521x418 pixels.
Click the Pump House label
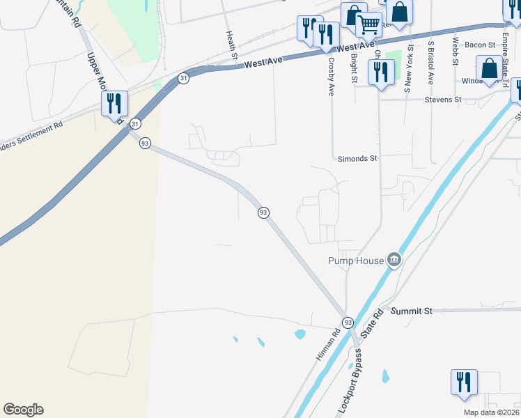(x=356, y=261)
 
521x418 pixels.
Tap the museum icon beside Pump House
(x=394, y=260)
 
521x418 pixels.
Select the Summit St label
(x=411, y=310)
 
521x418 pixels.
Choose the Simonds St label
(x=357, y=158)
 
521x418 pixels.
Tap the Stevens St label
(x=443, y=100)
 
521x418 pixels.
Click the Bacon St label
(x=479, y=45)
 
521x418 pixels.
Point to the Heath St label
(x=228, y=40)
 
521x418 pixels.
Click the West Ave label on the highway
(x=263, y=63)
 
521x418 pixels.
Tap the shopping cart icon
(x=368, y=24)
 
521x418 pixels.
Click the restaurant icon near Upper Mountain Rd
(x=114, y=104)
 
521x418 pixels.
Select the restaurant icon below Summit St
(x=463, y=382)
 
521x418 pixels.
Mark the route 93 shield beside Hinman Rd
(x=348, y=323)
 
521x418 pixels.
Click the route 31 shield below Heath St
(x=183, y=79)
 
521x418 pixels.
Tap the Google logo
(x=23, y=410)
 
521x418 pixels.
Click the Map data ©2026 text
(x=491, y=412)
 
